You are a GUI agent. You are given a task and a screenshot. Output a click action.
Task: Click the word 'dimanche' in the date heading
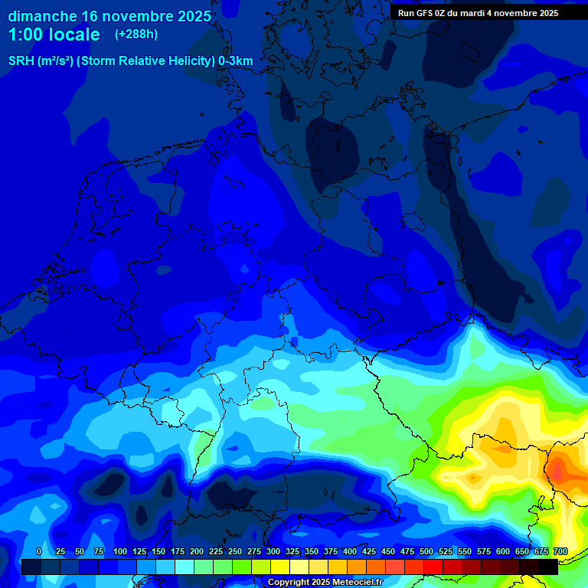pos(42,16)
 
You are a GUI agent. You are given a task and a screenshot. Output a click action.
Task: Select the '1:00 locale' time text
pos(54,34)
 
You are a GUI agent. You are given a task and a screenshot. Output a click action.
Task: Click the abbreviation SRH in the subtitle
pos(21,61)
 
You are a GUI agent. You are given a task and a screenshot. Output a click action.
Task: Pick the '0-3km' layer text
pos(236,61)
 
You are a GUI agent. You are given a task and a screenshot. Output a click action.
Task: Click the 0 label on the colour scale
pos(39,551)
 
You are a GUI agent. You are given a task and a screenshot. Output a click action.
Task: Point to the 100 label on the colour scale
pos(120,551)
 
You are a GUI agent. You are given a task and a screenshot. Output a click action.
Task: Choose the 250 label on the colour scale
pos(235,551)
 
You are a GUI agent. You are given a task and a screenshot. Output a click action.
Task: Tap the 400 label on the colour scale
pos(350,551)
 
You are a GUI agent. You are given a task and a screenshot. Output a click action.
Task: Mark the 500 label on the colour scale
pos(426,551)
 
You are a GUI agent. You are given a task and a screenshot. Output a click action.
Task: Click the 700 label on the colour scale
pos(560,551)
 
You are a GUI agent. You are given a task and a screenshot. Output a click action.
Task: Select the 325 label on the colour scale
pos(292,551)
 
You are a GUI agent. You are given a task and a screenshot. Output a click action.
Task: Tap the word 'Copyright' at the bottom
pos(289,582)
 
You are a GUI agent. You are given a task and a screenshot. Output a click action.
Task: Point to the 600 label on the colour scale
pos(503,551)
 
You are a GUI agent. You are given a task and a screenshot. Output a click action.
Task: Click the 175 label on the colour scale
pos(178,551)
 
